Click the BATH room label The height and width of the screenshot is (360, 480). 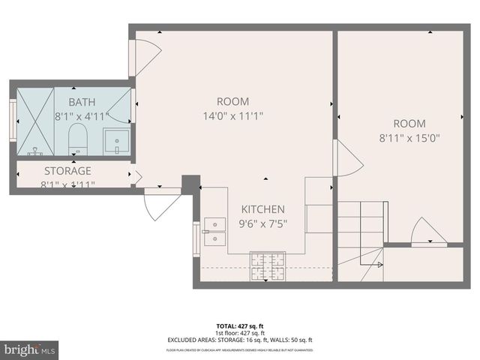click(82, 102)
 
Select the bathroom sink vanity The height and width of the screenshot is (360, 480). click(116, 140)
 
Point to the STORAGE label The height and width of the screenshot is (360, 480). click(67, 170)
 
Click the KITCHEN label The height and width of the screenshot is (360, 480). click(262, 209)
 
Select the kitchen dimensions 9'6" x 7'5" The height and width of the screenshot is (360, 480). click(262, 223)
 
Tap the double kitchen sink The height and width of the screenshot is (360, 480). click(215, 231)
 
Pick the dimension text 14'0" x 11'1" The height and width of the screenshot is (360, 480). click(232, 116)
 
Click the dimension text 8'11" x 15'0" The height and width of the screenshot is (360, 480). click(409, 138)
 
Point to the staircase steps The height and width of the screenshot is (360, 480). click(360, 225)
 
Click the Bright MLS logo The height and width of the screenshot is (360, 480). click(30, 349)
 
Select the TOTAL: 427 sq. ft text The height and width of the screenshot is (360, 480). click(240, 326)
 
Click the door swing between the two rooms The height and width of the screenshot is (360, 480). click(347, 160)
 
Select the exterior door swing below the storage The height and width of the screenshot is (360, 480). click(161, 205)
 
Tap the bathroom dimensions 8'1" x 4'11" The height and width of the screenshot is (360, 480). click(82, 117)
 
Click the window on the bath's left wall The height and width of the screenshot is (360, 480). click(13, 121)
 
